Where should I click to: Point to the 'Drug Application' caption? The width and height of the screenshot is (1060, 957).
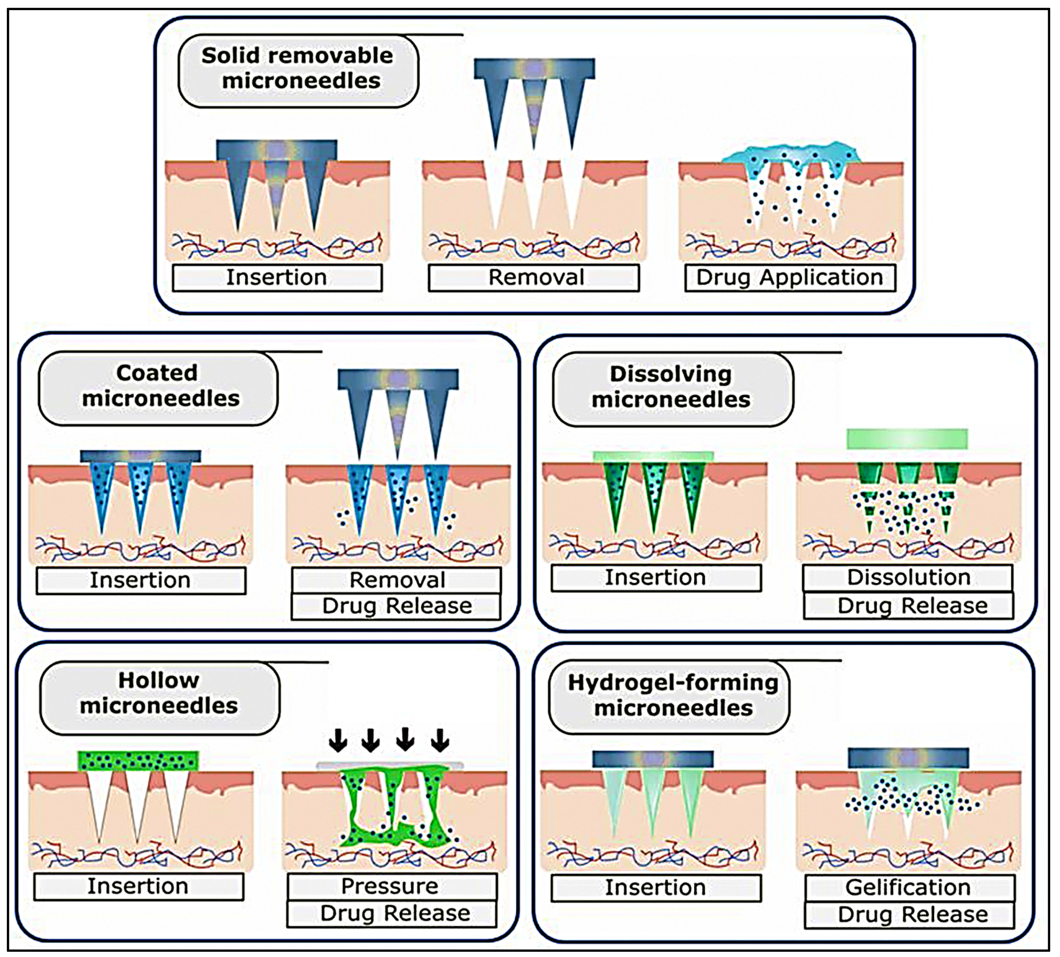pyautogui.click(x=790, y=278)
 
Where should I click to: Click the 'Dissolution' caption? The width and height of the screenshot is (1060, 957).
pyautogui.click(x=908, y=578)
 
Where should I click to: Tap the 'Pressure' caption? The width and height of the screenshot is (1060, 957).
pyautogui.click(x=391, y=886)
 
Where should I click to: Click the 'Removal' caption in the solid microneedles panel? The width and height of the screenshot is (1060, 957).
pyautogui.click(x=535, y=278)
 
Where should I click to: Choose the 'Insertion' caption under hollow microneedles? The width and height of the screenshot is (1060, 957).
pyautogui.click(x=138, y=886)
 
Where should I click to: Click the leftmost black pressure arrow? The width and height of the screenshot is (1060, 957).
pyautogui.click(x=338, y=740)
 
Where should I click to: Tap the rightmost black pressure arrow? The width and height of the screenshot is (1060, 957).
pyautogui.click(x=440, y=740)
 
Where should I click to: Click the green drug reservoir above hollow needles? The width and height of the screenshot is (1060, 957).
pyautogui.click(x=138, y=761)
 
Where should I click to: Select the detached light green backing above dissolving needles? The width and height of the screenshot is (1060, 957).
pyautogui.click(x=907, y=439)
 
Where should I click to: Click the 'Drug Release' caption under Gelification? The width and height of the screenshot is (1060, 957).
pyautogui.click(x=910, y=915)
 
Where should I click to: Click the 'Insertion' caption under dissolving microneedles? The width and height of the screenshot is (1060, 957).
pyautogui.click(x=656, y=578)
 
